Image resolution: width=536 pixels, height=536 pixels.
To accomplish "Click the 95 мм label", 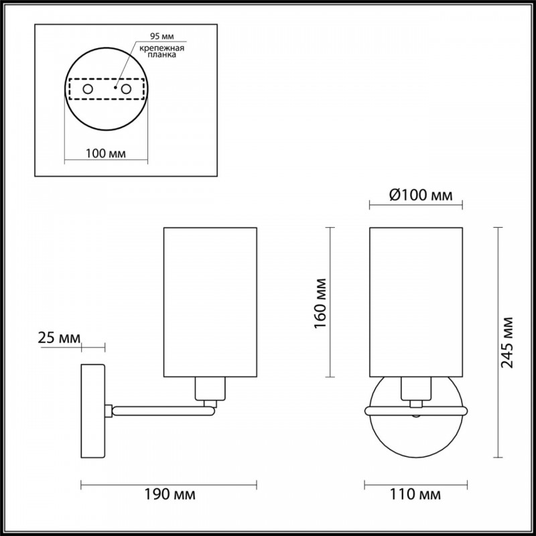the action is click(162, 36).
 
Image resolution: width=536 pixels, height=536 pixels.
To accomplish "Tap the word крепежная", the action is click(162, 48).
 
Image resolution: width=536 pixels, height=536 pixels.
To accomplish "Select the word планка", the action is click(162, 55).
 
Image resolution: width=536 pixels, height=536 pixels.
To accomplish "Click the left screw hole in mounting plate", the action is click(88, 89).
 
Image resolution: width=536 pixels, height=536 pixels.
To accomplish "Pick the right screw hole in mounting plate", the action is click(126, 89).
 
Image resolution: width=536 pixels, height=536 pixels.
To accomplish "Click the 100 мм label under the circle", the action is click(106, 153).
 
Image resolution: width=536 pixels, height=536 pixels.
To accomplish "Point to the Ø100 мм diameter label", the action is click(421, 195).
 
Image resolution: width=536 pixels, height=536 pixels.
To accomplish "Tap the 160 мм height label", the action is click(320, 304).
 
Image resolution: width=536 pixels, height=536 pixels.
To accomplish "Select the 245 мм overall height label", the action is click(507, 342).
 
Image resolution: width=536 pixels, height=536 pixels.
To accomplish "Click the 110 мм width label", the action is click(415, 494).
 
